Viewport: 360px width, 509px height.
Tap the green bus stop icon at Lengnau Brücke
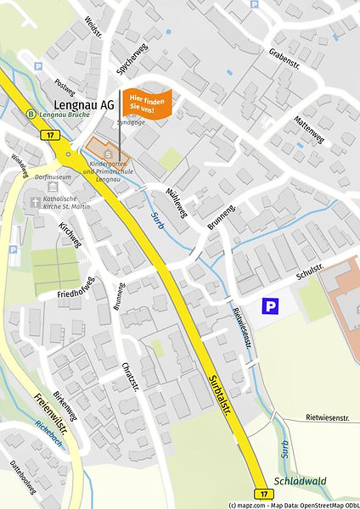tap(31, 114)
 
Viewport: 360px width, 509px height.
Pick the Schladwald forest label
tap(300, 479)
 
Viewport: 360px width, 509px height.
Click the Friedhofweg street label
tap(81, 288)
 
